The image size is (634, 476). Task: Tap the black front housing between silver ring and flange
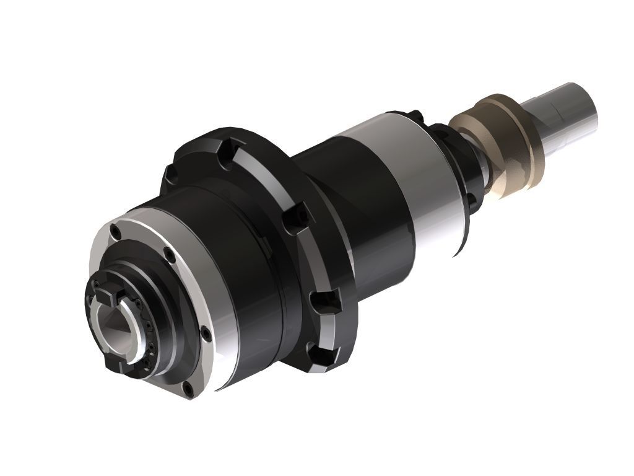pyautogui.click(x=248, y=273)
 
